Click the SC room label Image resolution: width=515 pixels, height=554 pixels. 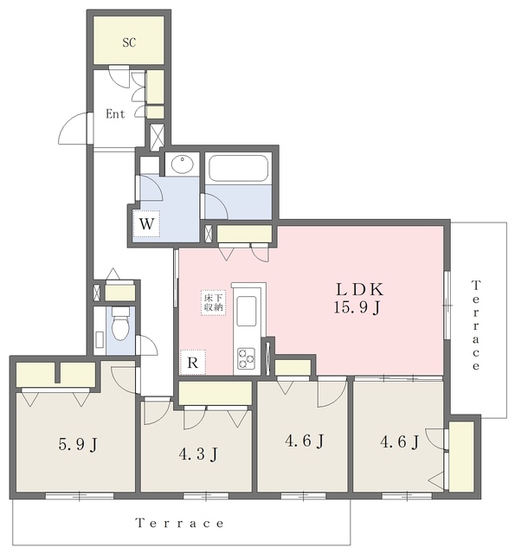pyautogui.click(x=129, y=42)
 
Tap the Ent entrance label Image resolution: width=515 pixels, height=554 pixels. pyautogui.click(x=115, y=113)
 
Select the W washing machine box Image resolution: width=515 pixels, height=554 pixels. pyautogui.click(x=146, y=223)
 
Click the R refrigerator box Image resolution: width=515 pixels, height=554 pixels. pyautogui.click(x=192, y=363)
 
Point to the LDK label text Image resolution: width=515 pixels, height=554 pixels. pyautogui.click(x=359, y=289)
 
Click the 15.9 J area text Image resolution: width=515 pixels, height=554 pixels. pyautogui.click(x=357, y=307)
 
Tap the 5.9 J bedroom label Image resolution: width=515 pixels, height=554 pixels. pyautogui.click(x=78, y=444)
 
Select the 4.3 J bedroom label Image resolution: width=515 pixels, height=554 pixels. pyautogui.click(x=198, y=454)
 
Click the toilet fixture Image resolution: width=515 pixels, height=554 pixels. pyautogui.click(x=120, y=323)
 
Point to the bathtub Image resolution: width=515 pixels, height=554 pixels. pyautogui.click(x=238, y=169)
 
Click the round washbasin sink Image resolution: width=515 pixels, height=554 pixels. pyautogui.click(x=183, y=164)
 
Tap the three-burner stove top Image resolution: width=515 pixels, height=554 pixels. pyautogui.click(x=246, y=358)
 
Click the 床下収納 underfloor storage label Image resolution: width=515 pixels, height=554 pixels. pyautogui.click(x=213, y=303)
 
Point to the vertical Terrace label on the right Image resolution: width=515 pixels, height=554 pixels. pyautogui.click(x=476, y=325)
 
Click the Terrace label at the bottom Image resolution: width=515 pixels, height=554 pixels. pyautogui.click(x=180, y=523)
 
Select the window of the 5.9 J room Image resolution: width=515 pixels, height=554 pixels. pyautogui.click(x=80, y=496)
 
